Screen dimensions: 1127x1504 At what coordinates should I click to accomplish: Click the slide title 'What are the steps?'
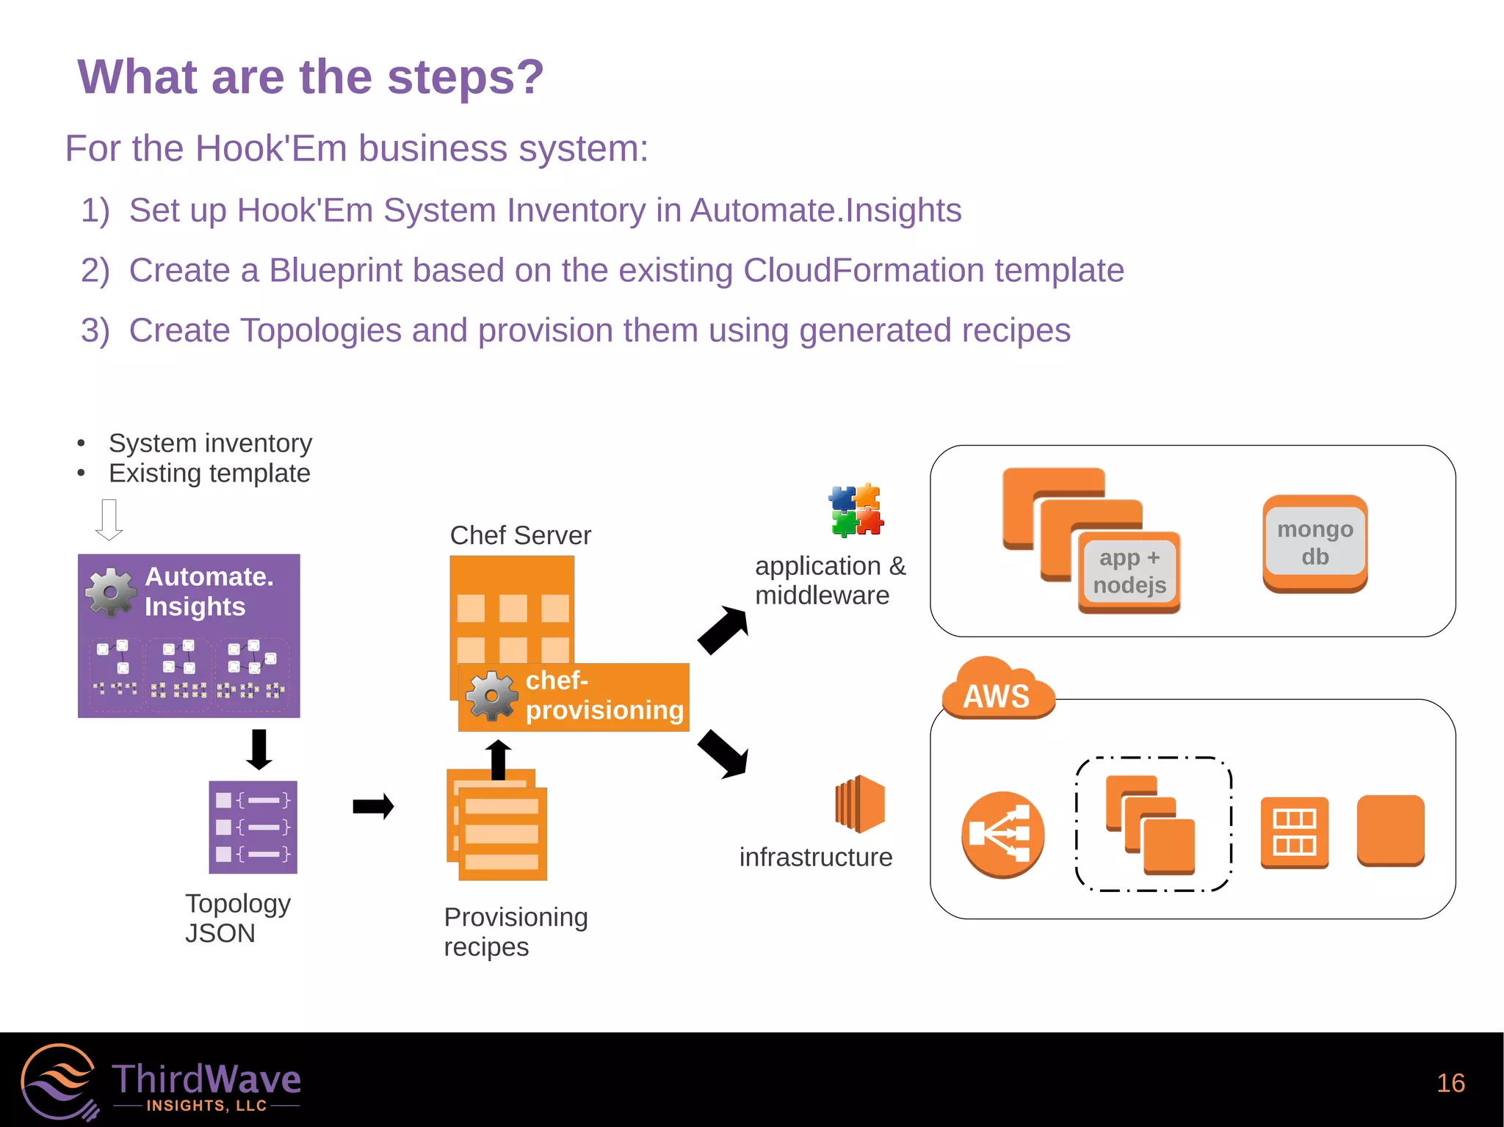311,77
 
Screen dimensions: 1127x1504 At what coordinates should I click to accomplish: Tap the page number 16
1450,1083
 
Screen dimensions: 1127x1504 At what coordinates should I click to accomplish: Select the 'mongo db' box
1315,543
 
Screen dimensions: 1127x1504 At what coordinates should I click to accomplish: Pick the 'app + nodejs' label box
1129,571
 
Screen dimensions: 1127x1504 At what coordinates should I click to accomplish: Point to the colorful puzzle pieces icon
856,510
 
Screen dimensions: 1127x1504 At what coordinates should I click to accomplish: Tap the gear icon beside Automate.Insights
111,592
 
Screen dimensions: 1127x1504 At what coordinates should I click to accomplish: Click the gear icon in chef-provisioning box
491,695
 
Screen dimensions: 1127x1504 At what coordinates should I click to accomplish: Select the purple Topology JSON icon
253,827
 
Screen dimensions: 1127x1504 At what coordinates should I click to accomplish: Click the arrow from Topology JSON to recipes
373,806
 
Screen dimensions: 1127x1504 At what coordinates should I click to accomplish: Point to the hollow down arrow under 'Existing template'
109,519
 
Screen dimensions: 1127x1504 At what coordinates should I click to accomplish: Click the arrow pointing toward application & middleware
723,629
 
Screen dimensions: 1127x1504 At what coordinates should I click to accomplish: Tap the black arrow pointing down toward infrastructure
723,754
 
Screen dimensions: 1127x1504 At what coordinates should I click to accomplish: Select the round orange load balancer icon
1002,834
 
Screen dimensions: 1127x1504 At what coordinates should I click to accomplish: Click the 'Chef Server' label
520,535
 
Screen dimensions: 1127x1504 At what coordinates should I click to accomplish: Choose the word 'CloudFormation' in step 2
863,270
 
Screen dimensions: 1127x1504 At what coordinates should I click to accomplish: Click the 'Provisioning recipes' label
516,932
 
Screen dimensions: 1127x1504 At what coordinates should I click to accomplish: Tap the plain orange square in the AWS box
1390,830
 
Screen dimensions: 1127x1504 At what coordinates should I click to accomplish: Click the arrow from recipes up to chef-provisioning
499,759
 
